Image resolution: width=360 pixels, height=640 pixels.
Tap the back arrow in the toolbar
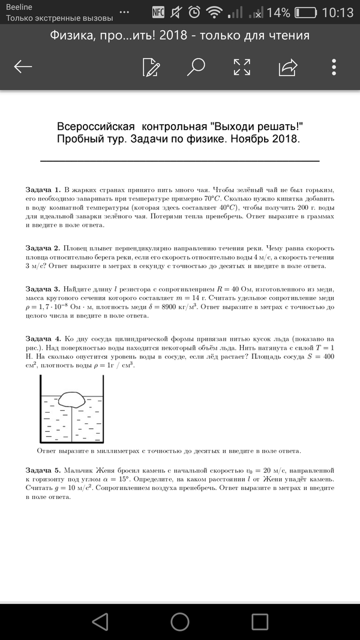pos(23,67)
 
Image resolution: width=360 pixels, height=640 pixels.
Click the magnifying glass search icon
pos(196,67)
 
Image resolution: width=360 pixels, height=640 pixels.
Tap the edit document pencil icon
pos(151,67)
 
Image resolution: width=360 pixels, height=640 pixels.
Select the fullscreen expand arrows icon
pos(242,67)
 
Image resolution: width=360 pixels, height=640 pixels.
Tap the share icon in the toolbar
pos(288,67)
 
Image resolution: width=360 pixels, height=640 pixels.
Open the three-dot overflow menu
pos(334,67)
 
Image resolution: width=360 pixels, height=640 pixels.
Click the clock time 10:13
pos(338,12)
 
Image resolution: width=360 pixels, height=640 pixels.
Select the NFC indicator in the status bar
pos(158,12)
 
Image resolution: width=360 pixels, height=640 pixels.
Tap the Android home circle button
pos(180,620)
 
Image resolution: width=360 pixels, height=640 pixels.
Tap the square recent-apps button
pos(260,620)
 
